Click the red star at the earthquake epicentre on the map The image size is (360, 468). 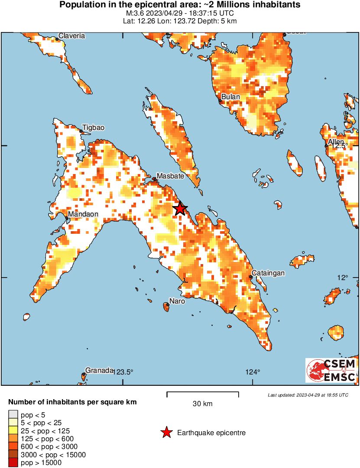[x=180, y=209]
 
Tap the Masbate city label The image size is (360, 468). [x=170, y=176]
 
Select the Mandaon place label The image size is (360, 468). [x=83, y=214]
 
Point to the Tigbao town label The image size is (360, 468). [x=93, y=128]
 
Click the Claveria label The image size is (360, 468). [x=71, y=36]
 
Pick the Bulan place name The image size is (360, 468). [x=230, y=97]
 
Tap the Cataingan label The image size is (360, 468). [x=268, y=273]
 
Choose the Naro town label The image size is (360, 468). [x=177, y=301]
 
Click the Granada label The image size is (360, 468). [x=99, y=370]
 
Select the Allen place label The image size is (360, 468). [x=336, y=142]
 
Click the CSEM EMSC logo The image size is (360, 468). [x=331, y=370]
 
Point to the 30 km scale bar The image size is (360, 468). [x=203, y=394]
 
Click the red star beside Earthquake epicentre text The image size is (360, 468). [x=166, y=432]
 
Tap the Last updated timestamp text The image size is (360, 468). [x=308, y=395]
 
